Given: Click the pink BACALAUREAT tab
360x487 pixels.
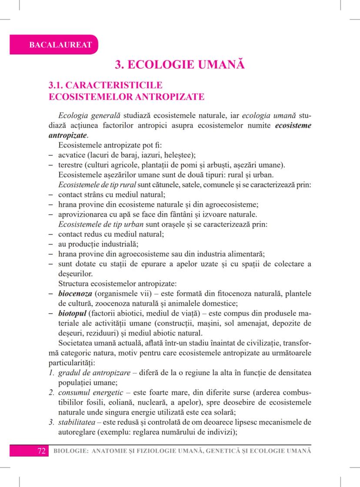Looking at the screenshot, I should click(54, 44).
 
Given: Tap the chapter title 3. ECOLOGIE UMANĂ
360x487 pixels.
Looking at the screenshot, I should click(180, 65).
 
